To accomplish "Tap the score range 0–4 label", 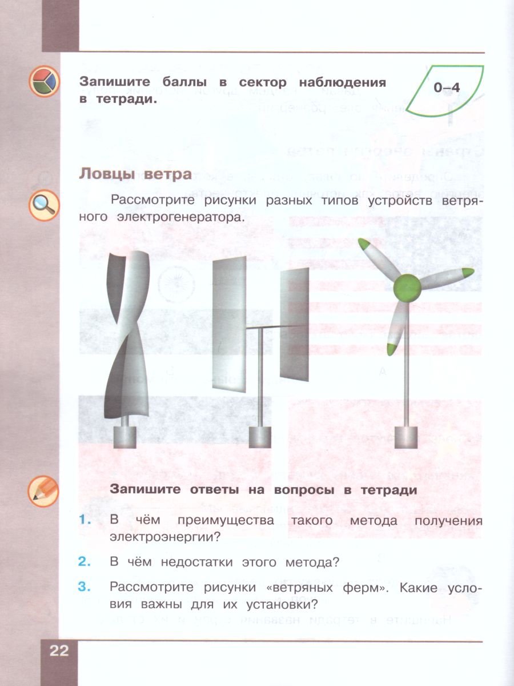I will point(446,87).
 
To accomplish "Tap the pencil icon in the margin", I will point(43,489).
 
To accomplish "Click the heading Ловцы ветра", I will point(135,174).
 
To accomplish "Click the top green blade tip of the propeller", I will point(366,245).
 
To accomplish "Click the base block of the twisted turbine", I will point(128,437).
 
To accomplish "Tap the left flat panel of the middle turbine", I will point(229,323).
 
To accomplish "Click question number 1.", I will point(85,521).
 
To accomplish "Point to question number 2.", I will point(85,562).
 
